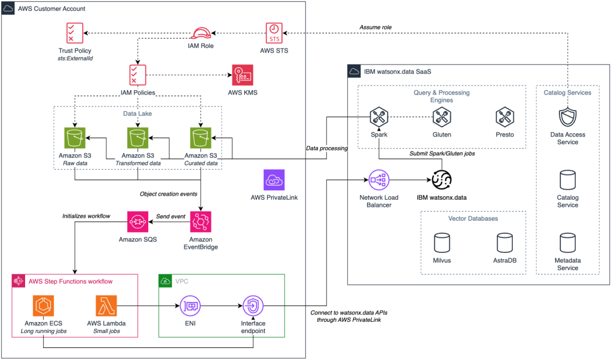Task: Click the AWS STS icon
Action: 274,32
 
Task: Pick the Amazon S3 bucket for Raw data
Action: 75,138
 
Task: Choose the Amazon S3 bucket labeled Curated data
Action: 201,138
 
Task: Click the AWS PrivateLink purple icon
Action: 274,180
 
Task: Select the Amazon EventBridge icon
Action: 201,222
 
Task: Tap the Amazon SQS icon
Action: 137,222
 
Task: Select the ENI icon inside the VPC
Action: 189,306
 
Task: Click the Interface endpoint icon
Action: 253,306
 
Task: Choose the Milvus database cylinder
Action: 442,243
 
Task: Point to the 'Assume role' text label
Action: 376,27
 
